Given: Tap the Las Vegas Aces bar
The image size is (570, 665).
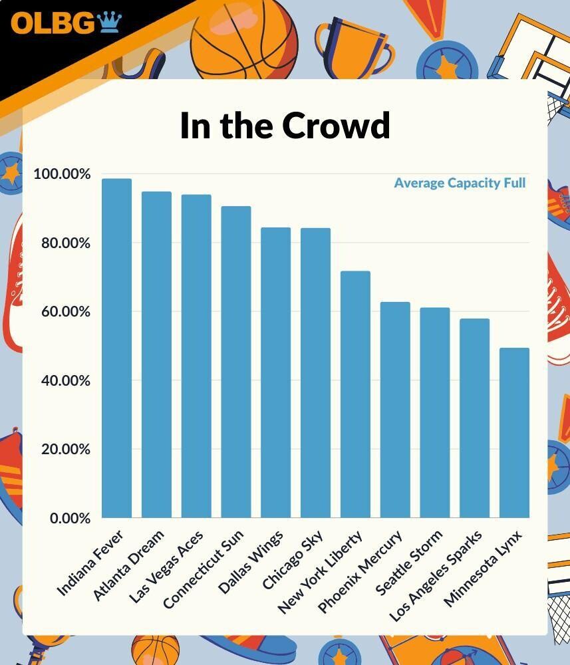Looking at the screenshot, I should (196, 356).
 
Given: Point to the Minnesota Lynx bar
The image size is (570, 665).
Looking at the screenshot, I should (514, 432).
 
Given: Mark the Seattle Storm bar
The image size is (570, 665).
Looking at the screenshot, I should (435, 412).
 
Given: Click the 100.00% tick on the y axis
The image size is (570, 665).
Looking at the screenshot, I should (62, 174).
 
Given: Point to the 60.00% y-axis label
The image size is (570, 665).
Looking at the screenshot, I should (62, 312).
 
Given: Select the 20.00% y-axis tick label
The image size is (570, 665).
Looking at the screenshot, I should (62, 450).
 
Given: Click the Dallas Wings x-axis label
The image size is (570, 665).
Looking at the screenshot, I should (251, 561).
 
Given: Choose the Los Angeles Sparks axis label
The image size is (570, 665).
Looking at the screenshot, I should (436, 576).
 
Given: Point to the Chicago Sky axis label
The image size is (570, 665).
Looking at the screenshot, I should (293, 559).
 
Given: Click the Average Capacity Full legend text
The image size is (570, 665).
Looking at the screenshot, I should (460, 183).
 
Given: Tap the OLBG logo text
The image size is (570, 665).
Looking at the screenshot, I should (53, 23).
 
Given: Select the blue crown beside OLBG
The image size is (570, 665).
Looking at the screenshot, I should (110, 23).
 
